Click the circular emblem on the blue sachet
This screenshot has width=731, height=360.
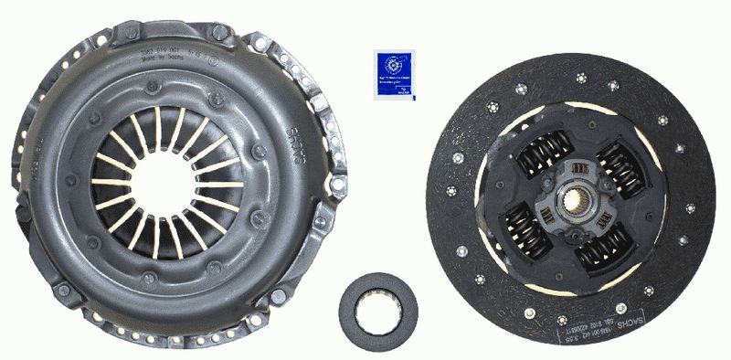click(x=397, y=64)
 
